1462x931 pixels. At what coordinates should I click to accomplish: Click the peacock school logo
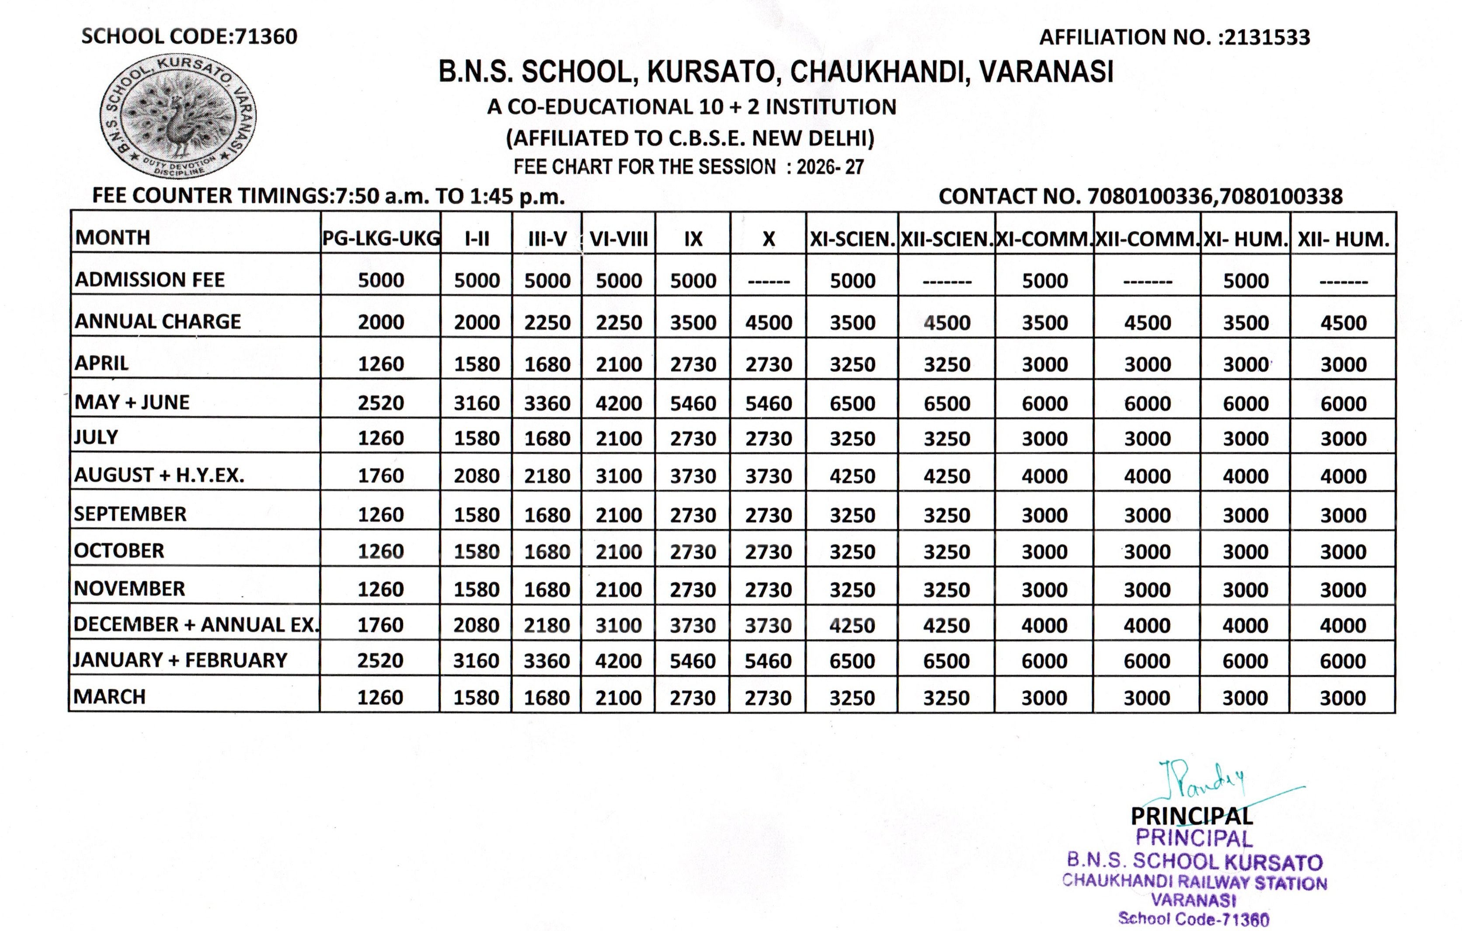tap(178, 117)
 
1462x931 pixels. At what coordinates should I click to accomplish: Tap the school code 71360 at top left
tap(265, 36)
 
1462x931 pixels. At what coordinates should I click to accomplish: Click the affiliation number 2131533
tap(1267, 38)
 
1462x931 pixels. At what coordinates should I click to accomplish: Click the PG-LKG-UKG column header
tap(381, 238)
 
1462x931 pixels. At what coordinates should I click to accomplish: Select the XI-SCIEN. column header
tap(853, 239)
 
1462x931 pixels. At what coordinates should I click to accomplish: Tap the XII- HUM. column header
tap(1343, 239)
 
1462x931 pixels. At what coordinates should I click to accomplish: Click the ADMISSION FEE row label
tap(150, 279)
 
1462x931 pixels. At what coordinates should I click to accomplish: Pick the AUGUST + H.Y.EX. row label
tap(159, 475)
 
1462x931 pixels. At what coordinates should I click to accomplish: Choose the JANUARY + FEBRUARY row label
tap(180, 660)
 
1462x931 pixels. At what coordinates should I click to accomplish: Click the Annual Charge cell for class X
tap(769, 322)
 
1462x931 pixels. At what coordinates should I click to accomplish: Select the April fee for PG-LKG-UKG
tap(381, 364)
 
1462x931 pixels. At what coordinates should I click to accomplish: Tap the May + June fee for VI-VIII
tap(619, 403)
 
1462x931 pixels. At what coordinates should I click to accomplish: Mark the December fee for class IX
tap(693, 625)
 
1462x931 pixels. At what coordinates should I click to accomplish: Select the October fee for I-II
tap(477, 551)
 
